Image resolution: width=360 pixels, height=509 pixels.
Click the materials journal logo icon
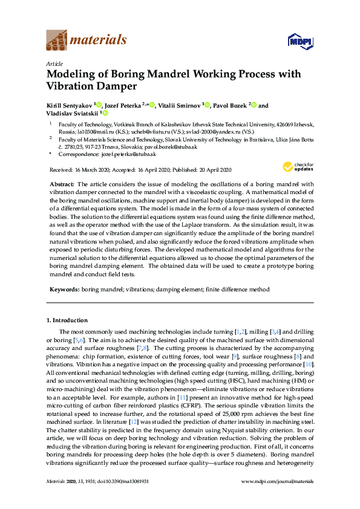point(57,41)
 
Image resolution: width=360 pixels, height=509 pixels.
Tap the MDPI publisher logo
point(301,41)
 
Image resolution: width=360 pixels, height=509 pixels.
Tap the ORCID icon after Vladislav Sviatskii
point(105,113)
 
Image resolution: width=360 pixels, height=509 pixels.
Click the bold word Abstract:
point(61,183)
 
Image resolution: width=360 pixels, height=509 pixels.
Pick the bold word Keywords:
point(64,290)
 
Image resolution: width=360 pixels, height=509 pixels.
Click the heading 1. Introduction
point(67,320)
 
